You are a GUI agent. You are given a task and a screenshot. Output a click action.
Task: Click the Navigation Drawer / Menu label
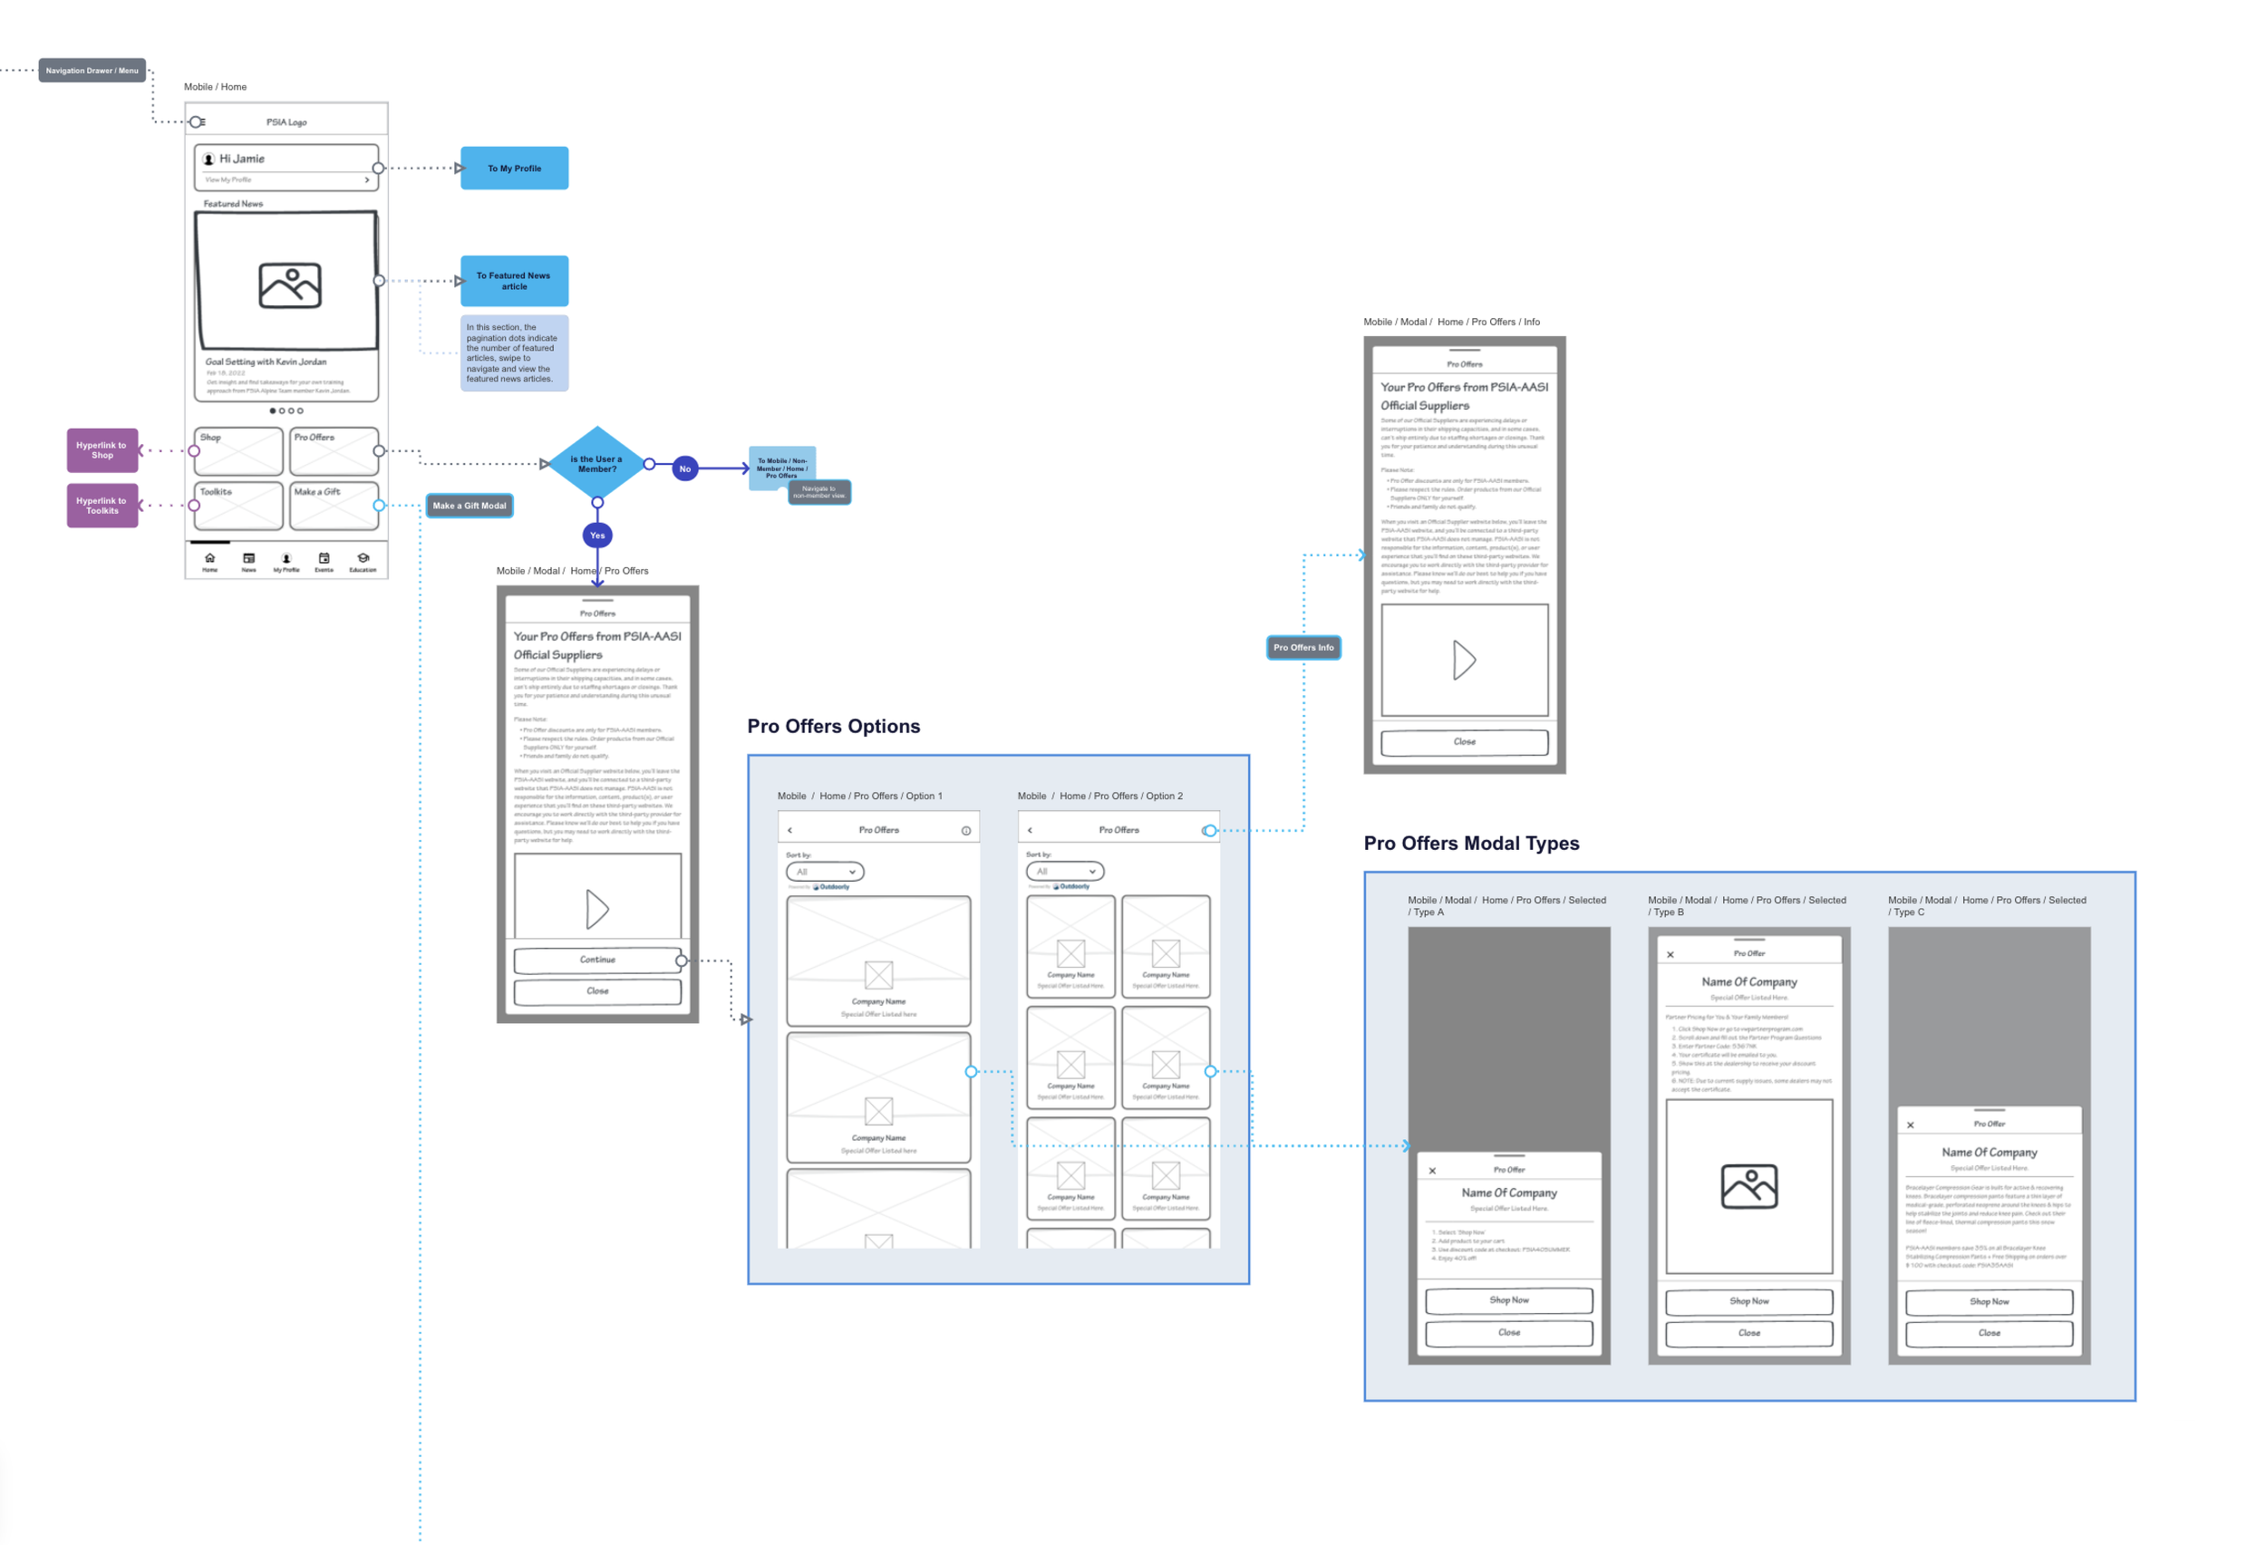click(92, 70)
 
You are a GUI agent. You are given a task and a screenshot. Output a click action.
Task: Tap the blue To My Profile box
click(514, 169)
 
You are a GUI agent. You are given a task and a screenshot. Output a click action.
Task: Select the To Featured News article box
click(514, 281)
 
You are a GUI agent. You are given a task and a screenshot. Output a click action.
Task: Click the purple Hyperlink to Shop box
click(102, 450)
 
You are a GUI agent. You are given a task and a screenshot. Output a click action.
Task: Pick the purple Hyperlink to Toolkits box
click(102, 506)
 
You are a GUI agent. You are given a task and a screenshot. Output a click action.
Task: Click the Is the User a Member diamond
click(596, 464)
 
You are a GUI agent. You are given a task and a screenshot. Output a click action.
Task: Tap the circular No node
click(685, 468)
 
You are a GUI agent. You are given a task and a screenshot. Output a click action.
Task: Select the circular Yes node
click(597, 536)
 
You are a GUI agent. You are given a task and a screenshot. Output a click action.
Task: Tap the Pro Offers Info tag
click(1303, 647)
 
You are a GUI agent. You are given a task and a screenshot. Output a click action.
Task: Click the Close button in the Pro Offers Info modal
click(1465, 742)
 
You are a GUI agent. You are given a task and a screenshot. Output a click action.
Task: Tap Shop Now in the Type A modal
click(1509, 1300)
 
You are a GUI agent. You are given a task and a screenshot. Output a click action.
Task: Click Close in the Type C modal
click(1989, 1334)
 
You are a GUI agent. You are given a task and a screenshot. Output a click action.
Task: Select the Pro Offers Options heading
click(834, 726)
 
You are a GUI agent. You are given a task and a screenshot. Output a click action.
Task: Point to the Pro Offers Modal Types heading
click(1471, 843)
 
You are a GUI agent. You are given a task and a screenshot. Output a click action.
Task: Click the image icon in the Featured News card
click(289, 285)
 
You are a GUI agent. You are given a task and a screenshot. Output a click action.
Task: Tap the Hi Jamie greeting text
click(242, 159)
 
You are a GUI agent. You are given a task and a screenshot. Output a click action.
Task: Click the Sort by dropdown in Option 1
click(825, 872)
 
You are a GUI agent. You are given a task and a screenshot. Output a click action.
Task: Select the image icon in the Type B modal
click(1749, 1186)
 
